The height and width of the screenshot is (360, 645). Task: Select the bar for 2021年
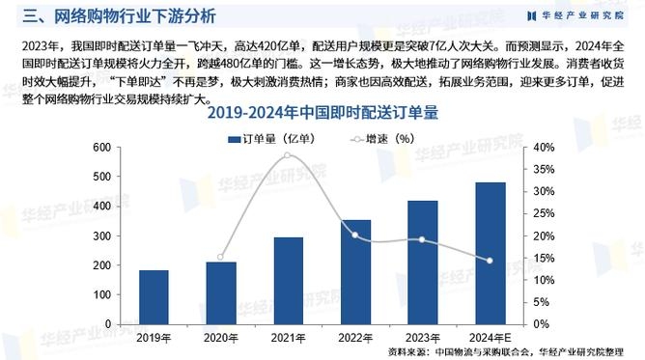[x=288, y=280]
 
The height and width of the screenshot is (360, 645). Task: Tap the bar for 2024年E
[x=490, y=252]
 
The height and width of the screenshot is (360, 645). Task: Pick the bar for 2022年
[x=355, y=271]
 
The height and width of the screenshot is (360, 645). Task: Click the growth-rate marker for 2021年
[x=288, y=155]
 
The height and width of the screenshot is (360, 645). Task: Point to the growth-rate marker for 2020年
[x=220, y=258]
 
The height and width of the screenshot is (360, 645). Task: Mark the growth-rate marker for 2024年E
[x=490, y=261]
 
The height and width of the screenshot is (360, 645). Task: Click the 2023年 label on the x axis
[x=422, y=337]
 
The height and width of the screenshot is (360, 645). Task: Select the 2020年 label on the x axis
[x=220, y=337]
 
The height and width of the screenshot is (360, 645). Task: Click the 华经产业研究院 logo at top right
[x=579, y=15]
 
